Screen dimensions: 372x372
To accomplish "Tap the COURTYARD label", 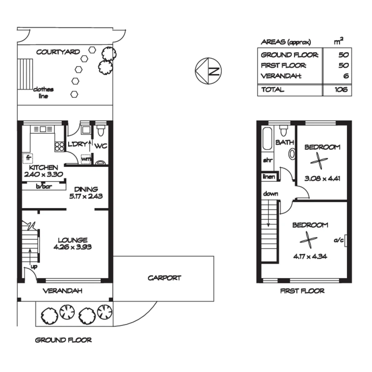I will click(58, 52).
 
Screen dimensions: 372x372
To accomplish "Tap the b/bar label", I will click(44, 186).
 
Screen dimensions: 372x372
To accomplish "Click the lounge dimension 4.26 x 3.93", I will click(72, 247).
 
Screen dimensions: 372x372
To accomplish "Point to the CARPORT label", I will click(164, 278).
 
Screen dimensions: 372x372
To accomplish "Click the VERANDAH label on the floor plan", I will click(62, 291).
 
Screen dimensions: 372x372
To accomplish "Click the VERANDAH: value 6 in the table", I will click(346, 76).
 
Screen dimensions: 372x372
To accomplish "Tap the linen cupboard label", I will click(269, 177).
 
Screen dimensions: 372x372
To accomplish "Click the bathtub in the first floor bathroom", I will click(267, 139).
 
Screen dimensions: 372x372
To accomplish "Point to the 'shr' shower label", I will click(268, 160).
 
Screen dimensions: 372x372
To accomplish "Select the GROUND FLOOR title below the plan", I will click(63, 340).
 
